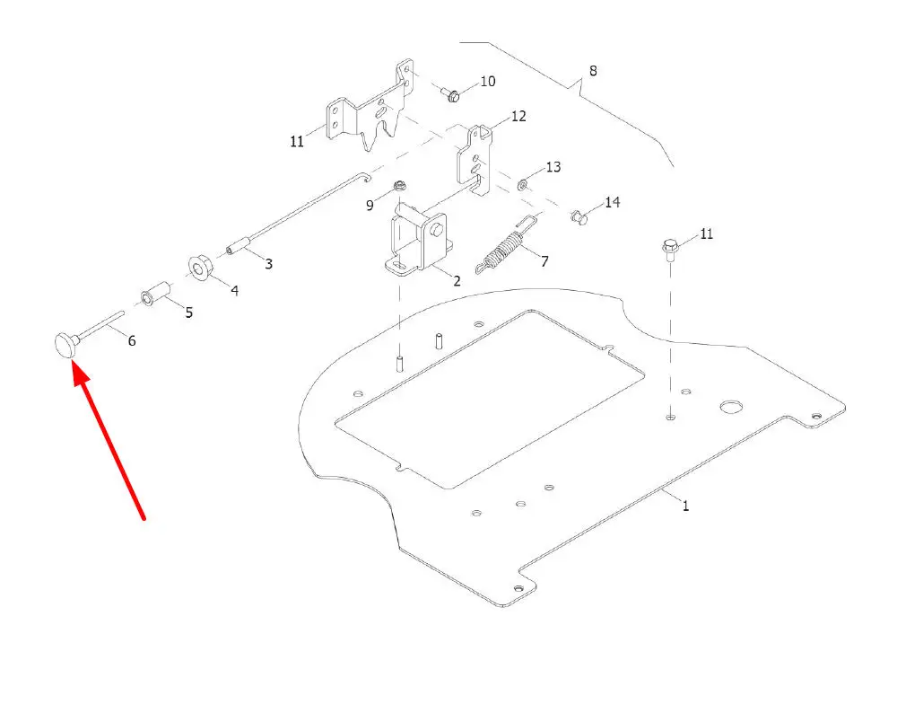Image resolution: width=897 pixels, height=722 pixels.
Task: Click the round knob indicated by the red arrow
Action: (x=65, y=345)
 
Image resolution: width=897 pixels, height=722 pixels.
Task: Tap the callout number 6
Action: (x=132, y=341)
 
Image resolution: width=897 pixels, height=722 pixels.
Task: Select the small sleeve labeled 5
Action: (x=155, y=293)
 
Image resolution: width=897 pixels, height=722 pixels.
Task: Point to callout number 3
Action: (x=268, y=264)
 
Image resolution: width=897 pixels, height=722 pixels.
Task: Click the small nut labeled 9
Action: (x=400, y=186)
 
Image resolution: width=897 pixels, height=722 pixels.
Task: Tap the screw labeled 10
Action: (x=451, y=94)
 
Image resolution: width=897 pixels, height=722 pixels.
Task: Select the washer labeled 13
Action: (x=523, y=184)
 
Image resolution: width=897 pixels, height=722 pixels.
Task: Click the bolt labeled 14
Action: (x=579, y=217)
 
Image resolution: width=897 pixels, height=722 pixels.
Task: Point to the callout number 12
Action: (x=518, y=116)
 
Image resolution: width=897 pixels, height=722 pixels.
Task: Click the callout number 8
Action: (x=593, y=71)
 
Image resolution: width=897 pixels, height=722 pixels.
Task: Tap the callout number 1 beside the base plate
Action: (x=685, y=506)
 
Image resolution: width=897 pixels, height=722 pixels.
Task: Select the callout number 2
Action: (x=457, y=280)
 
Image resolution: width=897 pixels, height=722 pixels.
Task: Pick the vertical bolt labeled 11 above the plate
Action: (x=670, y=251)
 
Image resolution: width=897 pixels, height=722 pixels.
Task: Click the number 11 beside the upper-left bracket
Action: (x=297, y=141)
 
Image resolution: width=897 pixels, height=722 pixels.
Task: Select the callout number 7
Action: (x=544, y=261)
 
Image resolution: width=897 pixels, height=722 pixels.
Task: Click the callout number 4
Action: (x=234, y=291)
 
